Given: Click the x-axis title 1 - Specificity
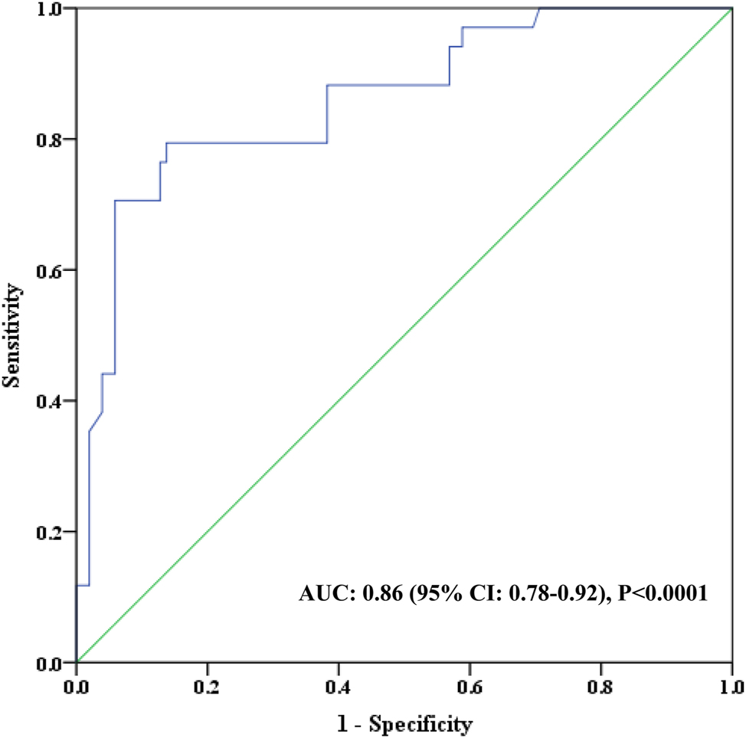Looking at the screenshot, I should tap(404, 721).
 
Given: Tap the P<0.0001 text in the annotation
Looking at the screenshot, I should tap(663, 593).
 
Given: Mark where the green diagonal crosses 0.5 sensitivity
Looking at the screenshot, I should tap(404, 335).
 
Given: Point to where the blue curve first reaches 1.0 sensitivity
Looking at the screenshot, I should tap(539, 8).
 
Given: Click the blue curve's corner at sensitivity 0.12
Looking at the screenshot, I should tap(90, 586).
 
